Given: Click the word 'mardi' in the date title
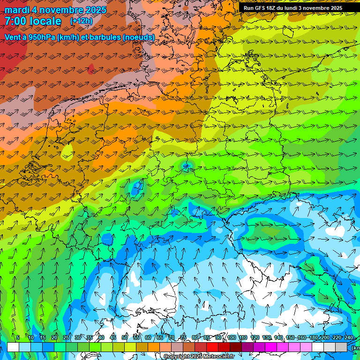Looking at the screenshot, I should pyautogui.click(x=17, y=10).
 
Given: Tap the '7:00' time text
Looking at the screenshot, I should pyautogui.click(x=16, y=21).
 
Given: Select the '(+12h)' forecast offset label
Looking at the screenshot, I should pyautogui.click(x=81, y=21).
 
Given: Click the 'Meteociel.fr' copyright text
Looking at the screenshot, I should pyautogui.click(x=216, y=357).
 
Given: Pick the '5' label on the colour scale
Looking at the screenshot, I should pyautogui.click(x=18, y=338).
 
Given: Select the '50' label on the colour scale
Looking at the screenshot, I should pyautogui.click(x=125, y=338).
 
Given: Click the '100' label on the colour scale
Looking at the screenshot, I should pyautogui.click(x=231, y=338).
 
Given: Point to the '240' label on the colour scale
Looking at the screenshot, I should pyautogui.click(x=348, y=338).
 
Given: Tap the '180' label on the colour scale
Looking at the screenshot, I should pyautogui.click(x=313, y=338).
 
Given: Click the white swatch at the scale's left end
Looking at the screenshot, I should pyautogui.click(x=13, y=347).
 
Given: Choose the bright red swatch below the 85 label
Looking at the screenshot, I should pyautogui.click(x=212, y=347).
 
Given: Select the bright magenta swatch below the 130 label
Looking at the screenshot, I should pyautogui.click(x=271, y=347).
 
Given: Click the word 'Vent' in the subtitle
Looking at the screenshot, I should pyautogui.click(x=13, y=37).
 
